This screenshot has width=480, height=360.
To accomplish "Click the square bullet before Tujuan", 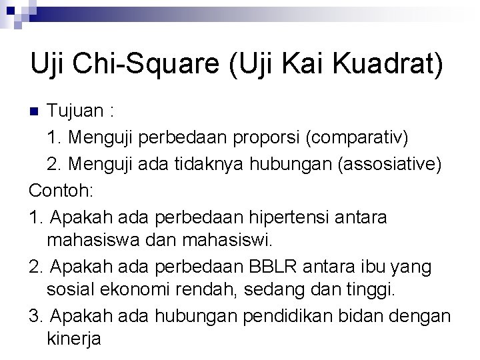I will click(37, 110).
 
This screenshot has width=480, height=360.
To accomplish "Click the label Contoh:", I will click(61, 191).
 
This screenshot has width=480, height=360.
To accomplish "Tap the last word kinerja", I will click(74, 339).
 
